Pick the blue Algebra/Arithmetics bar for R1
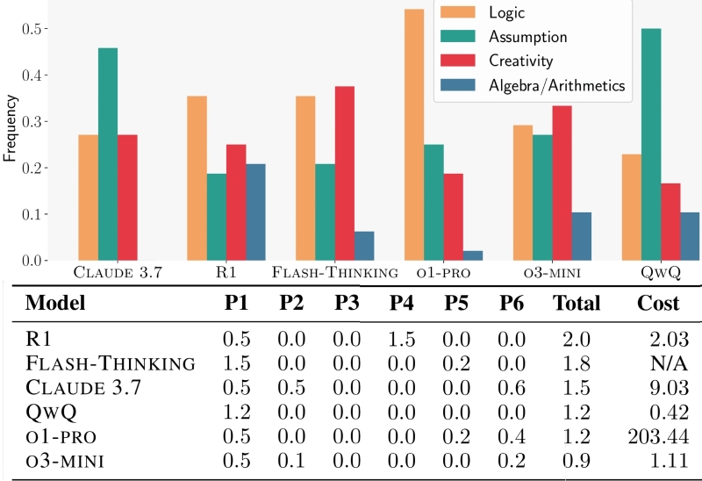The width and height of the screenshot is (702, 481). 256,212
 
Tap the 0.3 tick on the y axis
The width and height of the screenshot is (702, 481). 36,121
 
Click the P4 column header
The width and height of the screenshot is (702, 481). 401,304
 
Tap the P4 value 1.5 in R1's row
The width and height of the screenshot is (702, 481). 401,338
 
